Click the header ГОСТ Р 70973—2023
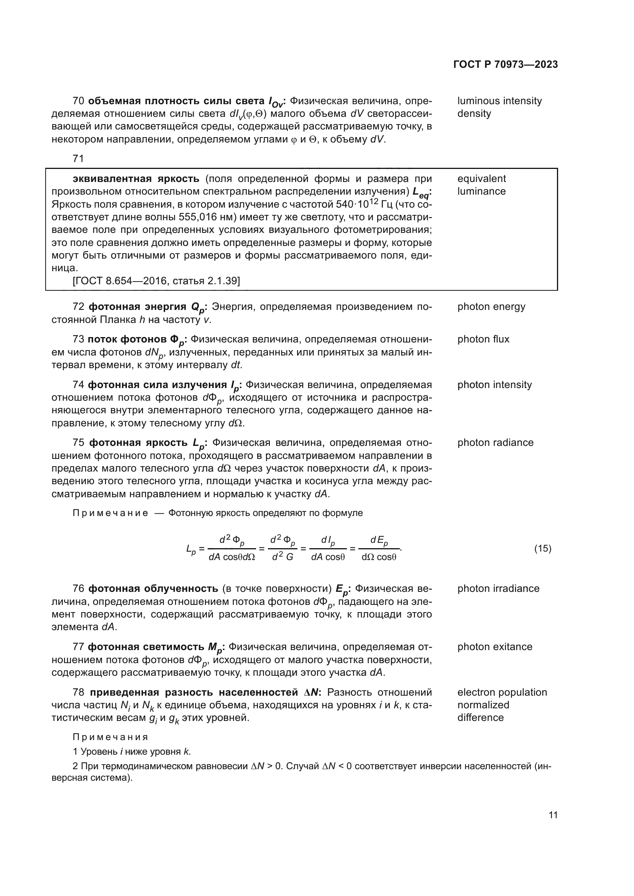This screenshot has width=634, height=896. point(506,65)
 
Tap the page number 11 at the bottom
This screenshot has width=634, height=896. point(553,815)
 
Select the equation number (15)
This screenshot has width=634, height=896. point(543,549)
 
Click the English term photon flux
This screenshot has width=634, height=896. point(483,339)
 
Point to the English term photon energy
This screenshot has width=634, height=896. point(491,307)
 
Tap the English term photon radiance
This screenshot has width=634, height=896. point(495,442)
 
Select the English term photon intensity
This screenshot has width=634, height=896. point(494,385)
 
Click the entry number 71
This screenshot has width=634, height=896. point(79,159)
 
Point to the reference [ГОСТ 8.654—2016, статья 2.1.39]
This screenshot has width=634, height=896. point(156,281)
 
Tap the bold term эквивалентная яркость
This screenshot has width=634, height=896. point(136,179)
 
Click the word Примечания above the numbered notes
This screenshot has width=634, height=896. point(110,737)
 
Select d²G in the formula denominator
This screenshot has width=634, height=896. point(283,557)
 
